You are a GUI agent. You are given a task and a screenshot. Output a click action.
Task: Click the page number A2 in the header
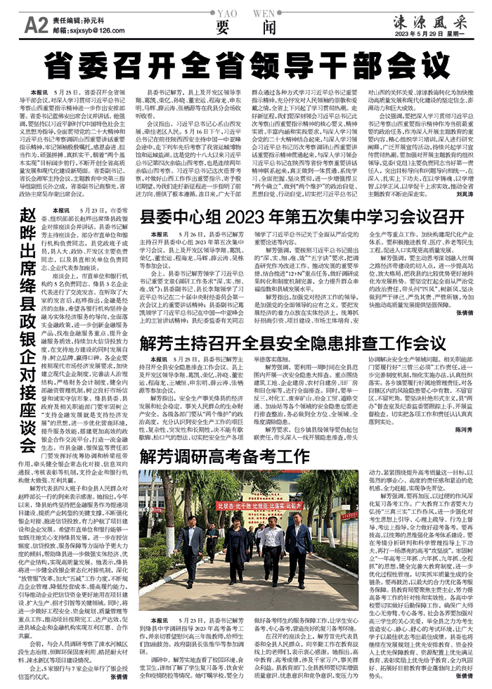35,26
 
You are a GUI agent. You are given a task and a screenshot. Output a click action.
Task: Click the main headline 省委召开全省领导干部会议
247,67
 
